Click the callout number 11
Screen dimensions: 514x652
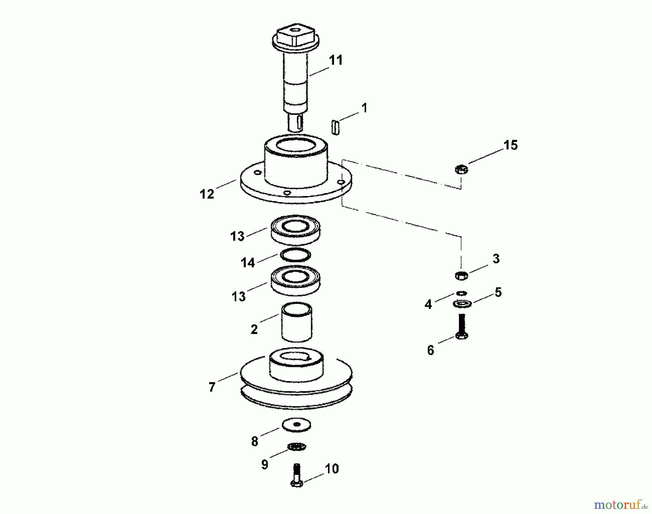tap(335, 60)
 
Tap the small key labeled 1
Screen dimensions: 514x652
tap(335, 128)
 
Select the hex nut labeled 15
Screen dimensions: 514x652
tap(461, 169)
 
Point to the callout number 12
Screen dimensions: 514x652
tap(207, 194)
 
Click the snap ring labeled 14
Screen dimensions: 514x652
tap(296, 254)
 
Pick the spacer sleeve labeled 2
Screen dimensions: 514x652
tap(297, 322)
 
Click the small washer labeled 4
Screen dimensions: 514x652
tap(461, 293)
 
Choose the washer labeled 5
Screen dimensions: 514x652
tap(462, 304)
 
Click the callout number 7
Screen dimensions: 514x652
tap(212, 387)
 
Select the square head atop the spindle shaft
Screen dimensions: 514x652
tap(295, 36)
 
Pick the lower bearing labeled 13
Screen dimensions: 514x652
tap(296, 279)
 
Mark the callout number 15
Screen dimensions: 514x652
tap(511, 145)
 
